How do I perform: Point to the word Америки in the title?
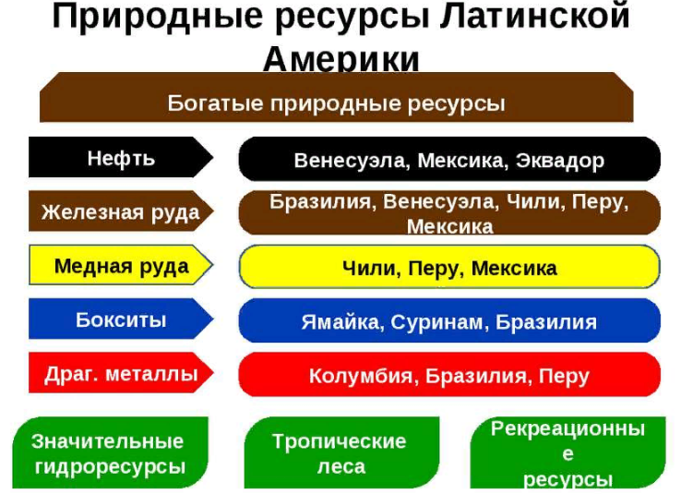[340, 59]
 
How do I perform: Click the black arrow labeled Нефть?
[121, 157]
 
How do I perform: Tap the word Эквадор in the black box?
[560, 161]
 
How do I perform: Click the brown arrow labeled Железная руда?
[121, 211]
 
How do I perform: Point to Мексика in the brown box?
[449, 226]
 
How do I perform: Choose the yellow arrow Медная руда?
[121, 265]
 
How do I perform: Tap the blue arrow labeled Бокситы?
[121, 319]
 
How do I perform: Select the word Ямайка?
[342, 322]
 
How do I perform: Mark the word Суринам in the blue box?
[439, 322]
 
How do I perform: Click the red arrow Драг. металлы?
[121, 373]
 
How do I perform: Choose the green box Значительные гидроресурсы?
[111, 452]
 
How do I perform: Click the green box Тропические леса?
[341, 452]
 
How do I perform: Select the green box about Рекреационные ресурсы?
[567, 452]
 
